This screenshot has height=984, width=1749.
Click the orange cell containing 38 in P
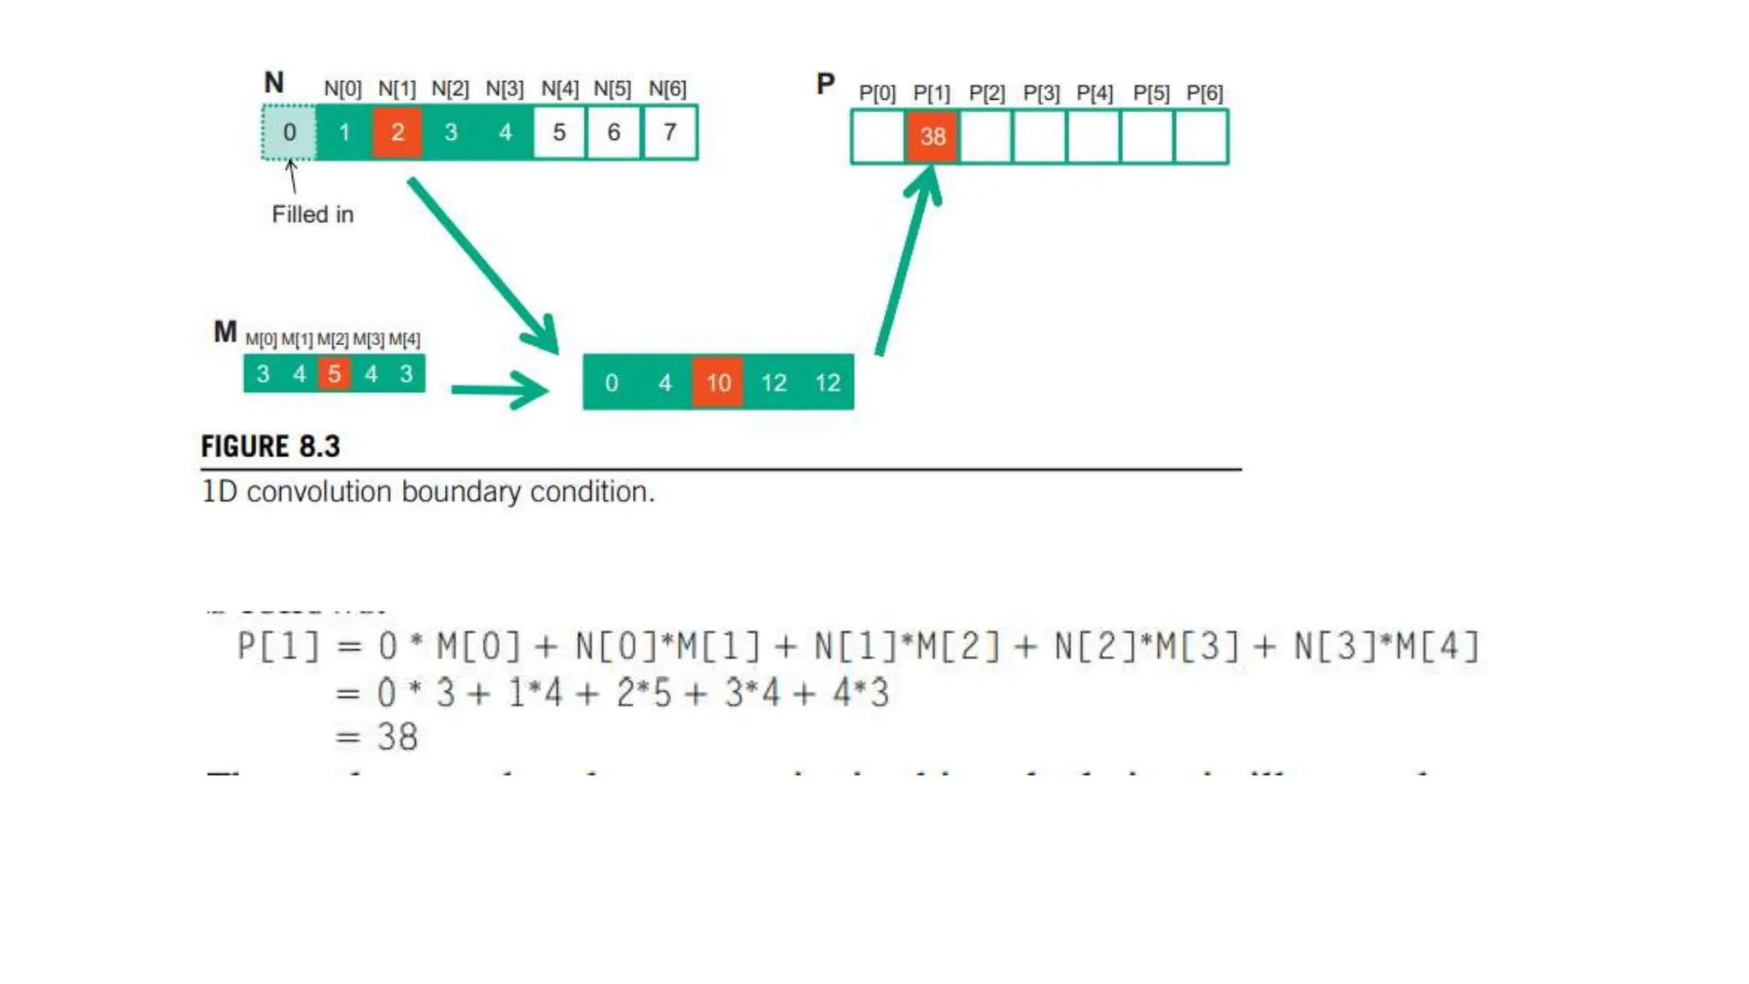(x=932, y=136)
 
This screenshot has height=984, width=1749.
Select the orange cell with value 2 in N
(x=397, y=132)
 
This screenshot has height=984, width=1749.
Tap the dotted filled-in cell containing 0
(x=290, y=132)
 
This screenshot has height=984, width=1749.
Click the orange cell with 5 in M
(x=334, y=373)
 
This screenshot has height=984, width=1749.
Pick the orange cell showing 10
(x=717, y=382)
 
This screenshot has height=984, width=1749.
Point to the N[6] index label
(x=667, y=89)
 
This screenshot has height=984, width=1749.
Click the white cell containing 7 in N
(x=670, y=132)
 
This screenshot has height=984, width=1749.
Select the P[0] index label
(x=877, y=93)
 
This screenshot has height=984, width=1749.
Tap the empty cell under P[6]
(x=1202, y=136)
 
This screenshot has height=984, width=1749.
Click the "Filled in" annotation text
(x=313, y=214)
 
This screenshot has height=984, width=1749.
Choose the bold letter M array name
(x=225, y=331)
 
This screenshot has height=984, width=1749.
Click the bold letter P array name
(x=825, y=84)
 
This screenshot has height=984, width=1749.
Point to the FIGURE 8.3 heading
(x=270, y=446)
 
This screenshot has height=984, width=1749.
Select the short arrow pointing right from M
(x=500, y=390)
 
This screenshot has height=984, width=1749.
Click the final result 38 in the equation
(x=397, y=737)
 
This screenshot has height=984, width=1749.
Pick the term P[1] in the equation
(x=278, y=647)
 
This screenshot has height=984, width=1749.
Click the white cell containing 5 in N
(x=559, y=132)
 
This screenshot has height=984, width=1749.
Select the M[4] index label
(x=404, y=340)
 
